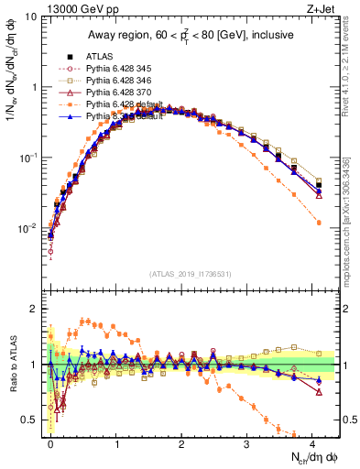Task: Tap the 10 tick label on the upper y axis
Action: click(29, 17)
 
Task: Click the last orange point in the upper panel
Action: click(319, 223)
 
